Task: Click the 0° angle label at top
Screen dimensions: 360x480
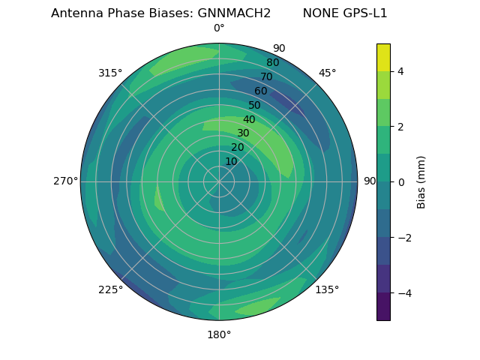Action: [219, 28]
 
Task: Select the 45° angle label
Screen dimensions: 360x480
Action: [327, 73]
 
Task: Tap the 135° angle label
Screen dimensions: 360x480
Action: [327, 289]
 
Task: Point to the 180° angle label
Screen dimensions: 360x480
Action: [219, 334]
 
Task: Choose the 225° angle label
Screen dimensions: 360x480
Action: [110, 289]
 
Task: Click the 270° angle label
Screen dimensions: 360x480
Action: [65, 181]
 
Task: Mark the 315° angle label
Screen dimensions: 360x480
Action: [110, 73]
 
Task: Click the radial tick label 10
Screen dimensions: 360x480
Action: [231, 161]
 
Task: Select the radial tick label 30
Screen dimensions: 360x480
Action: [243, 133]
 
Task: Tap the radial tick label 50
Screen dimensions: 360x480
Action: [255, 106]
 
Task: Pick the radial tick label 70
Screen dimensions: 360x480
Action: [267, 76]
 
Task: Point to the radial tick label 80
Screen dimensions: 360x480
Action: [273, 63]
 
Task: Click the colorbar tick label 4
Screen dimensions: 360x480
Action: [400, 71]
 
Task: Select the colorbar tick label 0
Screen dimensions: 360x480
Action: [400, 182]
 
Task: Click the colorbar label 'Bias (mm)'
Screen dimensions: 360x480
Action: [421, 181]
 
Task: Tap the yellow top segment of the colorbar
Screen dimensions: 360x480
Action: [383, 57]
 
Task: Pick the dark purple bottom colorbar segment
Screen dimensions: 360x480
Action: [383, 307]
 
